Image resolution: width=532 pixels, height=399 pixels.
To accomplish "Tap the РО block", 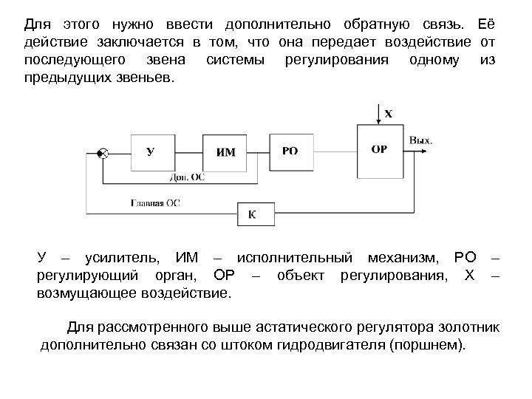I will (290, 151).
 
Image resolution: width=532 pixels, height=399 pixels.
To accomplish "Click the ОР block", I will (379, 149).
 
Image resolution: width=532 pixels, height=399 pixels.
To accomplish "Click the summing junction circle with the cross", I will (103, 154).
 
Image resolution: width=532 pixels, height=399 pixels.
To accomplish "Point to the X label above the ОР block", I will (389, 114).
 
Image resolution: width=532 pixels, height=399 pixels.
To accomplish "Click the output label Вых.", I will (421, 140).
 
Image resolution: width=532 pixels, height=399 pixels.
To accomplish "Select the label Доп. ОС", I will (187, 177).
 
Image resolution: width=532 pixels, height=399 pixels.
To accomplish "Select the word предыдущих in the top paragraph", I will (63, 78).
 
